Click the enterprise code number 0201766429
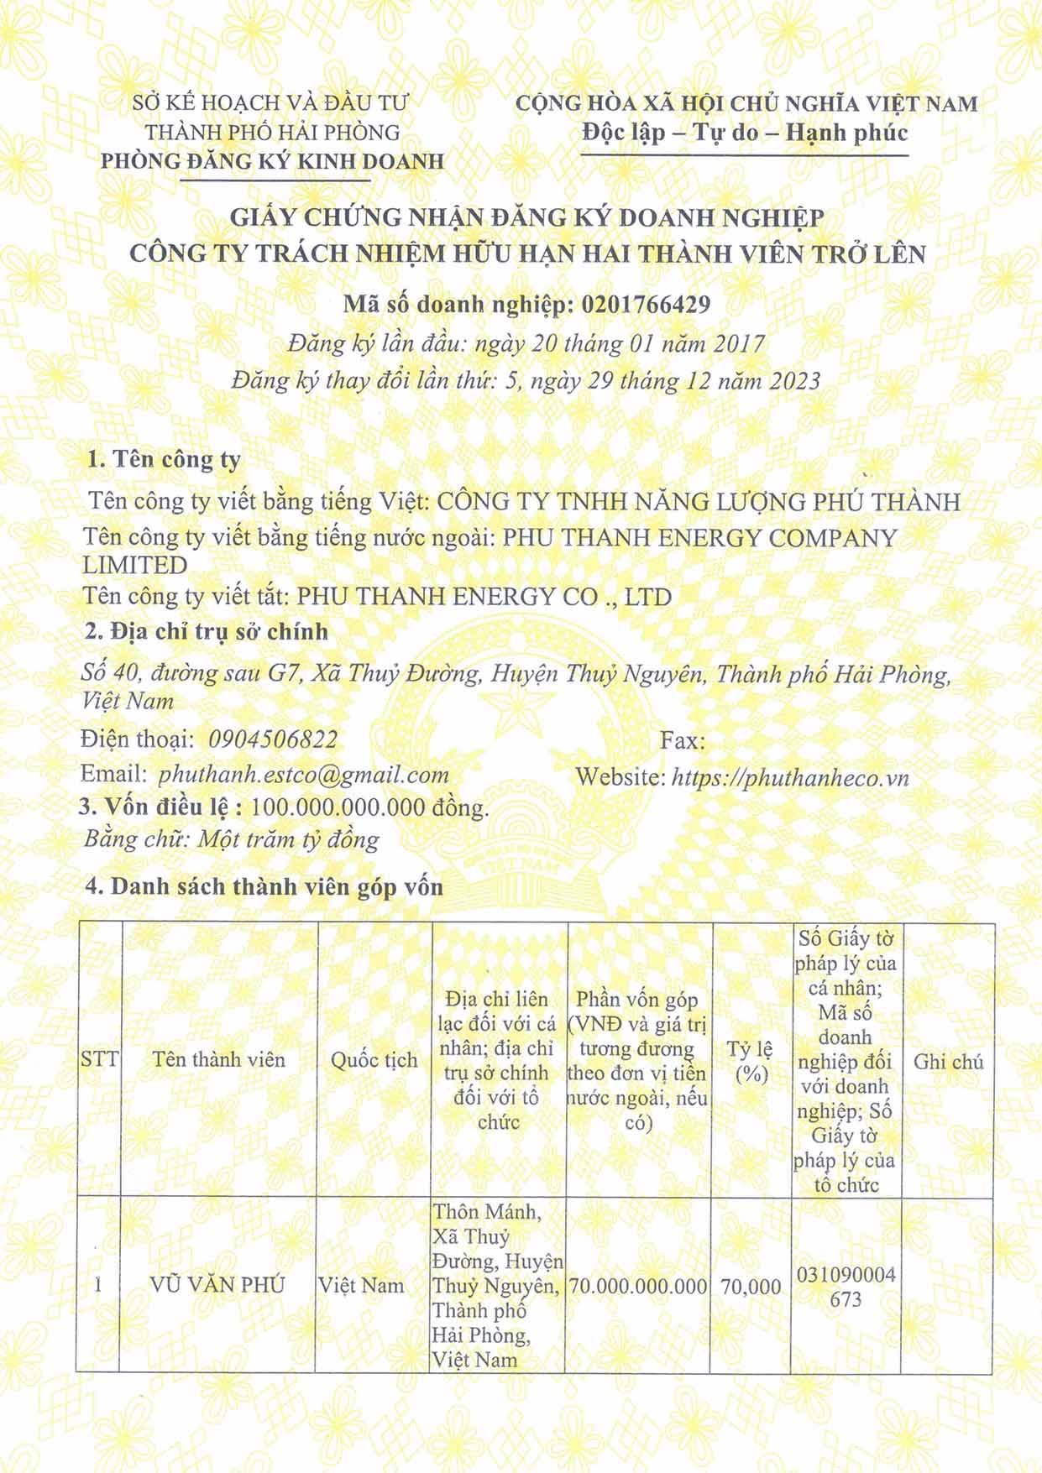click(x=645, y=305)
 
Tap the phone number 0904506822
click(x=272, y=739)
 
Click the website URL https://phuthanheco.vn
click(x=790, y=777)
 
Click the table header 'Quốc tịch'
click(x=374, y=1061)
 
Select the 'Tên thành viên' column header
click(x=219, y=1060)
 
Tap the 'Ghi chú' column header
click(x=948, y=1062)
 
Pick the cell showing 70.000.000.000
click(x=638, y=1287)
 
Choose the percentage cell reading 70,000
click(x=751, y=1287)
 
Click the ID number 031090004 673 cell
click(x=845, y=1287)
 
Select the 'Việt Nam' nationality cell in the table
click(x=361, y=1286)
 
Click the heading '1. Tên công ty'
click(x=165, y=460)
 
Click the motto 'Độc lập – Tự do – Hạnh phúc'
click(x=745, y=133)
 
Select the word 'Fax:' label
click(x=682, y=740)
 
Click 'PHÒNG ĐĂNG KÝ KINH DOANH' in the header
click(x=272, y=161)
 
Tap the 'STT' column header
click(x=99, y=1059)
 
